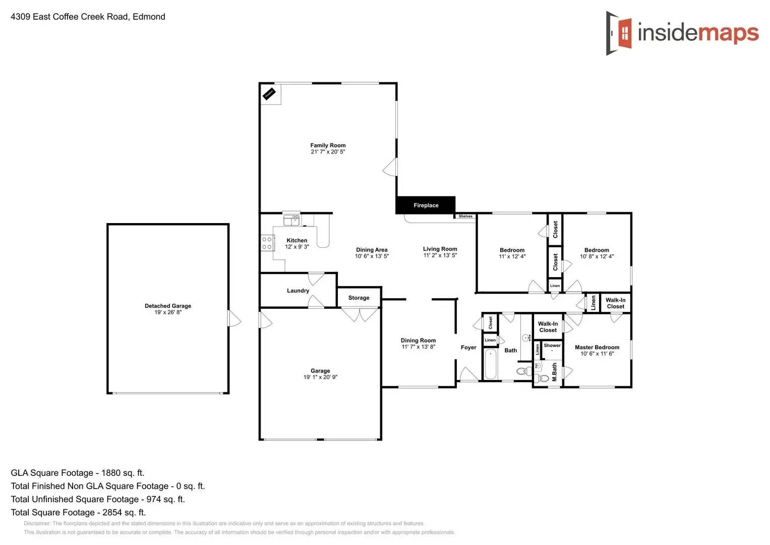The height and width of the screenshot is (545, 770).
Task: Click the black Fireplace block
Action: [x=426, y=205]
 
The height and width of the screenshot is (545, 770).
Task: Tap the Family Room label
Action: [x=328, y=145]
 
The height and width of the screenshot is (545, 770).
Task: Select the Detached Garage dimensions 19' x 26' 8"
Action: [x=168, y=312]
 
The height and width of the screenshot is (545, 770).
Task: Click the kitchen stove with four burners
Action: [x=267, y=243]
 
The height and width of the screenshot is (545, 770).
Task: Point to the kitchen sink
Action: [x=291, y=220]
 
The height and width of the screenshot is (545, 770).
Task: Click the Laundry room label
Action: [x=298, y=291]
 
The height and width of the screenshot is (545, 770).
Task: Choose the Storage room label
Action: [x=359, y=298]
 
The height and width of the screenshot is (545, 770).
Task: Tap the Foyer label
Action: [x=468, y=347]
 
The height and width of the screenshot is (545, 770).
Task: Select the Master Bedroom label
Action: [x=597, y=347]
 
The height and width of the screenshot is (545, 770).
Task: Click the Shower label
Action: [x=552, y=346]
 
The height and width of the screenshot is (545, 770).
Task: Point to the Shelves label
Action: [x=465, y=216]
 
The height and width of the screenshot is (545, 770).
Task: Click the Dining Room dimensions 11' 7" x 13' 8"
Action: [x=418, y=347]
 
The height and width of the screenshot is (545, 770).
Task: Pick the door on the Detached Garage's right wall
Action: [x=234, y=318]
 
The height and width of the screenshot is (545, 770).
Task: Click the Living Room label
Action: [x=440, y=249]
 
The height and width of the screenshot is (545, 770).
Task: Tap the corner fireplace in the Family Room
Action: [x=269, y=94]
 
